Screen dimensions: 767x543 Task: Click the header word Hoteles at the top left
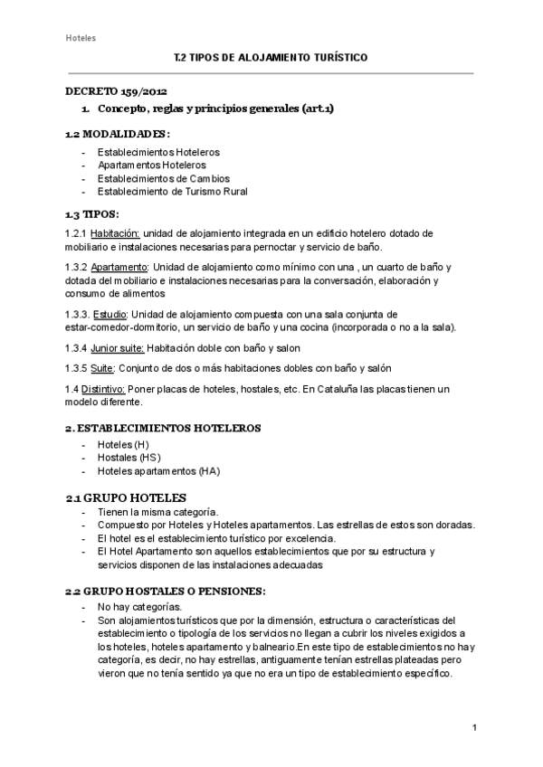(81, 38)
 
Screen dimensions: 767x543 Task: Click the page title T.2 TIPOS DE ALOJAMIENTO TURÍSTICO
(271, 57)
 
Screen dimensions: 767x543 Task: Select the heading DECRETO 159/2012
(116, 91)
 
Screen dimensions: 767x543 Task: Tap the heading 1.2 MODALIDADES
(118, 134)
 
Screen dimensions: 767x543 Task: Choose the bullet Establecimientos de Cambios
(164, 178)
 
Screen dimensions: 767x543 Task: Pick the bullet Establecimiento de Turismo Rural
(172, 191)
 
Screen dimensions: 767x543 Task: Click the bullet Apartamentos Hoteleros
(151, 166)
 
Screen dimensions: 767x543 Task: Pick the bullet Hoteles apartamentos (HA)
(158, 471)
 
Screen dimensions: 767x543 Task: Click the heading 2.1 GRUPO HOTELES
(126, 497)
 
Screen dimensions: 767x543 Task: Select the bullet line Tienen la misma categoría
(157, 513)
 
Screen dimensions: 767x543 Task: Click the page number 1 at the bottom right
(474, 727)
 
